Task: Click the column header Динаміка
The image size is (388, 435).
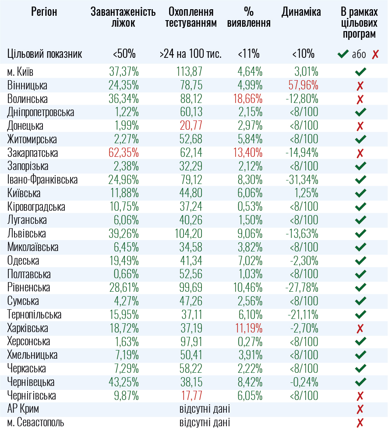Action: point(301,12)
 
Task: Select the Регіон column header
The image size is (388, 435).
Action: point(44,12)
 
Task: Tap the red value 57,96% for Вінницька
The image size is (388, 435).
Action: point(303,85)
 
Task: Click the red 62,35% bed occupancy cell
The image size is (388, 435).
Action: point(124,153)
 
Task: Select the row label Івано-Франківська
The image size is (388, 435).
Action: point(42,180)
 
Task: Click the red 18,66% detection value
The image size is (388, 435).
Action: point(248,99)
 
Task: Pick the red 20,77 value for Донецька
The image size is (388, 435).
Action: point(191,126)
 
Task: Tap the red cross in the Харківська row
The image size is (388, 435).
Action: point(360,329)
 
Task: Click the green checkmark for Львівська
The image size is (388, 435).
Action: point(360,233)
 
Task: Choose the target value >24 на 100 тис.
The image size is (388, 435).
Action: point(190,54)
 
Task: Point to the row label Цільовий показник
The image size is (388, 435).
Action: point(45,54)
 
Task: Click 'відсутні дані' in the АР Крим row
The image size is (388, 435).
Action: point(205,410)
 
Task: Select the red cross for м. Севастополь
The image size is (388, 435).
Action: point(360,423)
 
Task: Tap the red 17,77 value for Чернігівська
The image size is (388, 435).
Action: point(192,396)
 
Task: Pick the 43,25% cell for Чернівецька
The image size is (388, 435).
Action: point(124,382)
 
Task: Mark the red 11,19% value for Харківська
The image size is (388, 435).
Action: point(248,329)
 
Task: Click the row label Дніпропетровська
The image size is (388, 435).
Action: point(41,112)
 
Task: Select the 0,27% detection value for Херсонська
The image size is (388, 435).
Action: point(250,342)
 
